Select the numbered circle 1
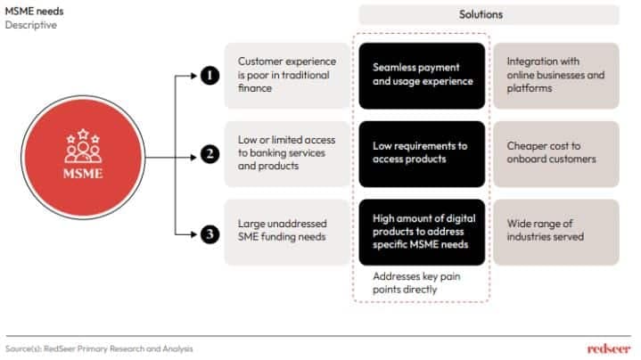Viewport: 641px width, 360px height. tap(209, 77)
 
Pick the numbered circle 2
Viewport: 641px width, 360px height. tap(209, 154)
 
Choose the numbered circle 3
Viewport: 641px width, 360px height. tap(209, 235)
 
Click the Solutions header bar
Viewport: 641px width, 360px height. tap(489, 14)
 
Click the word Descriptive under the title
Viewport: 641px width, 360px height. tap(31, 25)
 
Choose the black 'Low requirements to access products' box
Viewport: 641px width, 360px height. tap(422, 152)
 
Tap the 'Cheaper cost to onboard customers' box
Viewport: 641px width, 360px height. tap(555, 152)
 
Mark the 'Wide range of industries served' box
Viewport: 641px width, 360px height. tap(555, 231)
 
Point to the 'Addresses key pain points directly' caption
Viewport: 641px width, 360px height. tap(417, 283)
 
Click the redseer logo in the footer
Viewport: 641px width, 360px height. tap(609, 348)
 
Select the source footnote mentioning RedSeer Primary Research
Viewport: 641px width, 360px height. tap(98, 348)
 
